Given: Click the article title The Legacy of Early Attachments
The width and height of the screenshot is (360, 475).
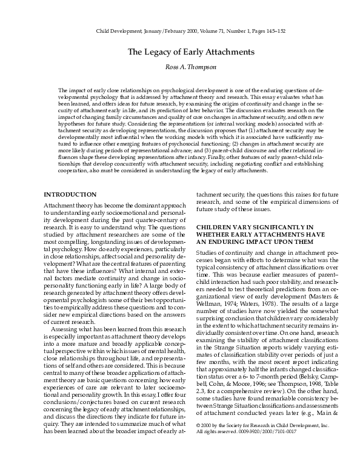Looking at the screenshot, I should [x=180, y=52].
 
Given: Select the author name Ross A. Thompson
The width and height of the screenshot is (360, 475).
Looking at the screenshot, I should [x=180, y=68].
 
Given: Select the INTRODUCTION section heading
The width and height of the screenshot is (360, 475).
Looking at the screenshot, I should [x=70, y=194].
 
